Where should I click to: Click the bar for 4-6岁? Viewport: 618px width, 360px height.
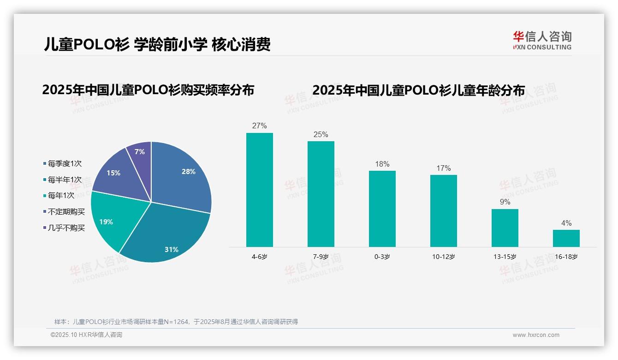point(259,190)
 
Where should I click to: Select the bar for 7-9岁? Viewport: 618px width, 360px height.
point(321,194)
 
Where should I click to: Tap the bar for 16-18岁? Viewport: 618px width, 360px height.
point(566,238)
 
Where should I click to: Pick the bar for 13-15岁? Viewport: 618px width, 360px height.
point(505,228)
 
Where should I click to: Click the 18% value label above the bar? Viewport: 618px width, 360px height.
point(382,164)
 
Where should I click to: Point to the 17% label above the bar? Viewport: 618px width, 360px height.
point(443,168)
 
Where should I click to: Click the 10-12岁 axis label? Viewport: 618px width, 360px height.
point(443,257)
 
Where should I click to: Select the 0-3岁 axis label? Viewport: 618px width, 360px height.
point(382,257)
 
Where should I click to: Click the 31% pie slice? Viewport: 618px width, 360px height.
point(166,235)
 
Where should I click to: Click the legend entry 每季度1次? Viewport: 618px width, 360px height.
point(65,163)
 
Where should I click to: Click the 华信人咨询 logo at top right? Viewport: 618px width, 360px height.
point(542,40)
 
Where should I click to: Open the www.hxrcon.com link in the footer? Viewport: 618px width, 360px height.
point(536,335)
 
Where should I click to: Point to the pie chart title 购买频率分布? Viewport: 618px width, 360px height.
point(148,90)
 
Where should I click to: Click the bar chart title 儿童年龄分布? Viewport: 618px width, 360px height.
point(418,90)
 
